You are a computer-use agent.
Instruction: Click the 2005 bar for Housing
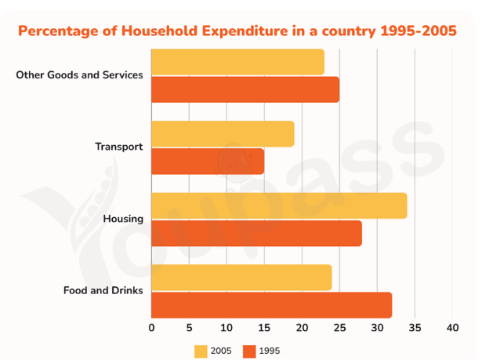(x=279, y=205)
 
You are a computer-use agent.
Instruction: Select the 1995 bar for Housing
(x=257, y=233)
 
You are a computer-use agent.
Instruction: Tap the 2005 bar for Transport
(x=223, y=134)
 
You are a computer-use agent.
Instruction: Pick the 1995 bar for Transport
(x=208, y=162)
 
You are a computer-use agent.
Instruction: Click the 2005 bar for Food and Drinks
(x=241, y=278)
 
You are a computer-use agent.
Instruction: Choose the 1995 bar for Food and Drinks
(x=272, y=305)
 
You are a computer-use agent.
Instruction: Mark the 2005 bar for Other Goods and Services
(x=238, y=62)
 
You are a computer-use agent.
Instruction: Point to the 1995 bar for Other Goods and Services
(x=245, y=89)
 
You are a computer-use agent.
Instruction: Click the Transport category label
(x=119, y=147)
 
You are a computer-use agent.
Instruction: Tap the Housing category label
(x=123, y=219)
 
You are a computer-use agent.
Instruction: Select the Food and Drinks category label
(x=103, y=290)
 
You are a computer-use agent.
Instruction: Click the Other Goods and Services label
(x=79, y=75)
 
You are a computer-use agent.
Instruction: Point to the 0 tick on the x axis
(x=151, y=328)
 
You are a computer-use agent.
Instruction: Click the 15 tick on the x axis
(x=264, y=328)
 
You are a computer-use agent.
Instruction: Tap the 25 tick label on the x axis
(x=339, y=328)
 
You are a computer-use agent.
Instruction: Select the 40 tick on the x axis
(x=452, y=328)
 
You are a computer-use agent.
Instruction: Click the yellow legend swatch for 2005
(x=201, y=351)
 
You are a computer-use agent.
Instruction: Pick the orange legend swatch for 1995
(x=249, y=351)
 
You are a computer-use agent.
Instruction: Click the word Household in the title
(x=159, y=31)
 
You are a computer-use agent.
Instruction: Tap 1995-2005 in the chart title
(x=419, y=31)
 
